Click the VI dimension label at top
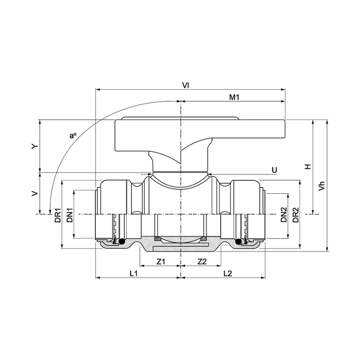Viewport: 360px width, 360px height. point(186,85)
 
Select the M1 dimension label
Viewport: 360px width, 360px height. point(234,97)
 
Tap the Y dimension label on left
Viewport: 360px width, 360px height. point(34,146)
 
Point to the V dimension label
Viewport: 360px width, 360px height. point(34,193)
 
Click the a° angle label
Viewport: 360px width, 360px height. point(71,135)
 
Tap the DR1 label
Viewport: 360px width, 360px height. point(58,214)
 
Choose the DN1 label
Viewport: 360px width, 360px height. point(70,214)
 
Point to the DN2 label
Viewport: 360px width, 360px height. point(283,214)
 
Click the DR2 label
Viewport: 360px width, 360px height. point(296,214)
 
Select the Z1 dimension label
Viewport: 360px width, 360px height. point(161,261)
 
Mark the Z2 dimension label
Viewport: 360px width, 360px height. point(202,261)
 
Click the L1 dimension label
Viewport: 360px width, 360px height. point(133,273)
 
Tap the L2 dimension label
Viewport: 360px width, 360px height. point(228,273)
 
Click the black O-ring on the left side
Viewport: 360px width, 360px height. point(119,241)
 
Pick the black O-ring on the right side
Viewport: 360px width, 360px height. point(240,241)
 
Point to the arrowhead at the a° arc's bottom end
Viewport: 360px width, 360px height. point(49,210)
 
